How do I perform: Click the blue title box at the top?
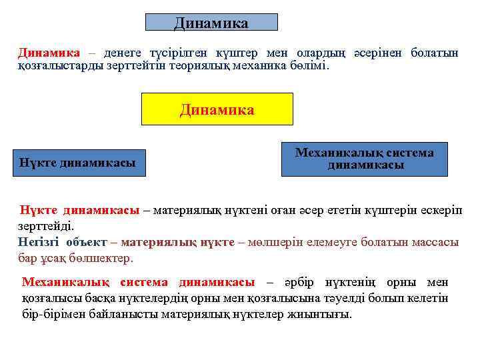[x=211, y=23]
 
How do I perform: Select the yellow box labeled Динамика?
[x=217, y=109]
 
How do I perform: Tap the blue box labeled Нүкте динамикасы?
[x=78, y=163]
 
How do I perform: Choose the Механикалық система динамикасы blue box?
[x=364, y=159]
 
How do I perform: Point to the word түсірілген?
[x=179, y=53]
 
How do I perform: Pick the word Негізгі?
[x=39, y=242]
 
